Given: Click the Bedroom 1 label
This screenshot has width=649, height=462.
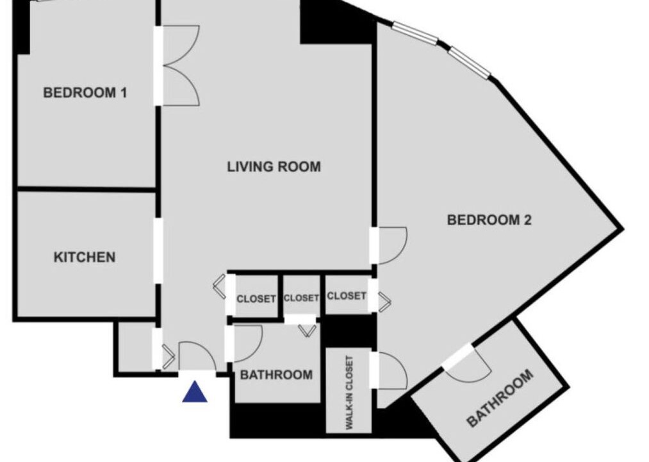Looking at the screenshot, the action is [85, 92].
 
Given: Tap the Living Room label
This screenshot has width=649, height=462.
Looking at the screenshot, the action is [274, 166].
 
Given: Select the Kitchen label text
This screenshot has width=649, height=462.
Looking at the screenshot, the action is [85, 257].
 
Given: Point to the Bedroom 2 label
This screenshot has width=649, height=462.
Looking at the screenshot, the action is [489, 219].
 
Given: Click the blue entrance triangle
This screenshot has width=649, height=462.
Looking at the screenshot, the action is [195, 392].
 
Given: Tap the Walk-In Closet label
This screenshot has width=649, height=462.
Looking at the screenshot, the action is [349, 392].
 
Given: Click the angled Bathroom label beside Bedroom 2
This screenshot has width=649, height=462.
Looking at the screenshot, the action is [500, 398].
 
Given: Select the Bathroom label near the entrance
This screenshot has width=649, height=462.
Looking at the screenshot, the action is [276, 375].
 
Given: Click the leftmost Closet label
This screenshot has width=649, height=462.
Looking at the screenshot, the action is [256, 298].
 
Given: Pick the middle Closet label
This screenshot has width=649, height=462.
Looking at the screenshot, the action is [301, 298].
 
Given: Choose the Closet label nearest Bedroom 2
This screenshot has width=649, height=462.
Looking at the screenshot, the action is [347, 296].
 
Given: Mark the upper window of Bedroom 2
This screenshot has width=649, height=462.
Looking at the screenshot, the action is [415, 33].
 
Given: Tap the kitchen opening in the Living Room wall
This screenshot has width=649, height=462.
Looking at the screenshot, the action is [158, 251].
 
